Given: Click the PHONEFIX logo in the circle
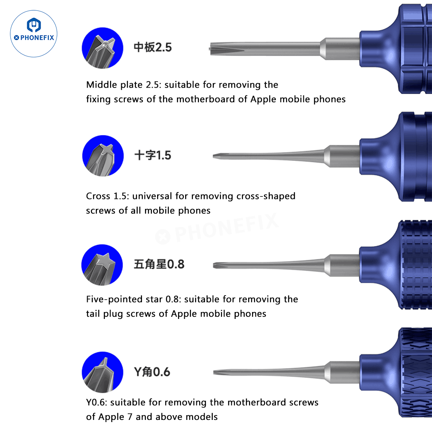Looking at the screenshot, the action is [x=34, y=34].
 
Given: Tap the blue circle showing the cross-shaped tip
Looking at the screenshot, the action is [x=103, y=156].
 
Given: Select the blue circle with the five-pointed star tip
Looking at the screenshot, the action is [x=102, y=265].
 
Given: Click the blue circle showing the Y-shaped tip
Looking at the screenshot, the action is [x=102, y=372].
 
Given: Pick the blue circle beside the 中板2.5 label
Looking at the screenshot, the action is [x=102, y=48].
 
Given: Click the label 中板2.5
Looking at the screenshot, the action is [x=153, y=47].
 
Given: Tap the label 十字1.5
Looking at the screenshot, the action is [x=153, y=155].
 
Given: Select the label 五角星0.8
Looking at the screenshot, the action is [x=159, y=264].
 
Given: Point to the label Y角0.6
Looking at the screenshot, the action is [x=152, y=372].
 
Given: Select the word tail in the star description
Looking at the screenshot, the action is [x=93, y=314].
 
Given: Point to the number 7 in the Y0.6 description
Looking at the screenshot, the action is [x=130, y=417].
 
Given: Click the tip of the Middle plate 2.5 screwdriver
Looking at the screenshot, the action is [x=209, y=49].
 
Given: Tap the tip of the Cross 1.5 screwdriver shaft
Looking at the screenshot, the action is [x=214, y=156].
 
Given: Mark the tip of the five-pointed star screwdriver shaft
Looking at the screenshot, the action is [x=214, y=265].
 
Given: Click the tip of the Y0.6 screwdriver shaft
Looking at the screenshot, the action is [x=214, y=373].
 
